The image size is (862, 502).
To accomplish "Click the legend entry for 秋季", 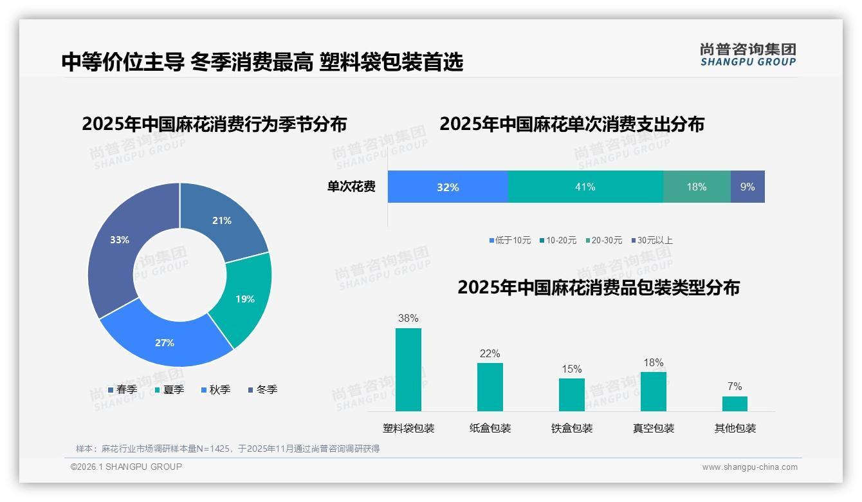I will (x=215, y=389).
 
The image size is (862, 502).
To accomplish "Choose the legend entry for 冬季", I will (x=262, y=389).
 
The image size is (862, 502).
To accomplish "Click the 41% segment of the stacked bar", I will (x=585, y=187).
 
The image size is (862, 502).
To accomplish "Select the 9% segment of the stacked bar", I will (x=747, y=187).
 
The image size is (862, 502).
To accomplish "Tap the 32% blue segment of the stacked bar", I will (x=448, y=187).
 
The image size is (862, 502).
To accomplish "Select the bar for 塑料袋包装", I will (x=408, y=369).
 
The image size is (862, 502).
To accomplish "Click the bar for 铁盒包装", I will (x=571, y=394).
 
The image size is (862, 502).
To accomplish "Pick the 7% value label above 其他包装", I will (x=735, y=386).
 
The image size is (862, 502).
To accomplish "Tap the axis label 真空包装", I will (x=653, y=428).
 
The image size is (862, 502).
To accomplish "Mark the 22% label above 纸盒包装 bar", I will (x=490, y=353).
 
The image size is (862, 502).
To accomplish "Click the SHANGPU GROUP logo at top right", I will (x=747, y=54).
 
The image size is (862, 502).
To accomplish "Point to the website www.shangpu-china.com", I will (x=749, y=467).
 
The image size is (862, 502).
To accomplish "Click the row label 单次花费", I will (x=351, y=187).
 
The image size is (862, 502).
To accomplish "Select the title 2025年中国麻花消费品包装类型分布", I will (x=598, y=287).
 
